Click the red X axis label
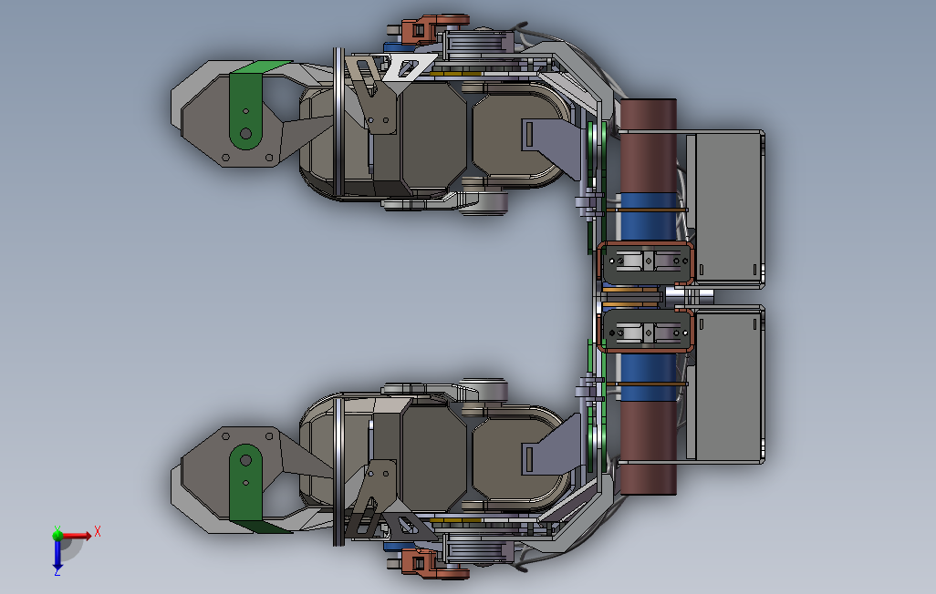pyautogui.click(x=98, y=531)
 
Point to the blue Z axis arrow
pyautogui.click(x=57, y=555)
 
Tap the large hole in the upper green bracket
pyautogui.click(x=245, y=134)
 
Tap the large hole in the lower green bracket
pyautogui.click(x=245, y=460)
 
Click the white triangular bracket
pyautogui.click(x=408, y=67)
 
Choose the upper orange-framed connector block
pyautogui.click(x=646, y=262)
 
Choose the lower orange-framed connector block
pyautogui.click(x=646, y=331)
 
